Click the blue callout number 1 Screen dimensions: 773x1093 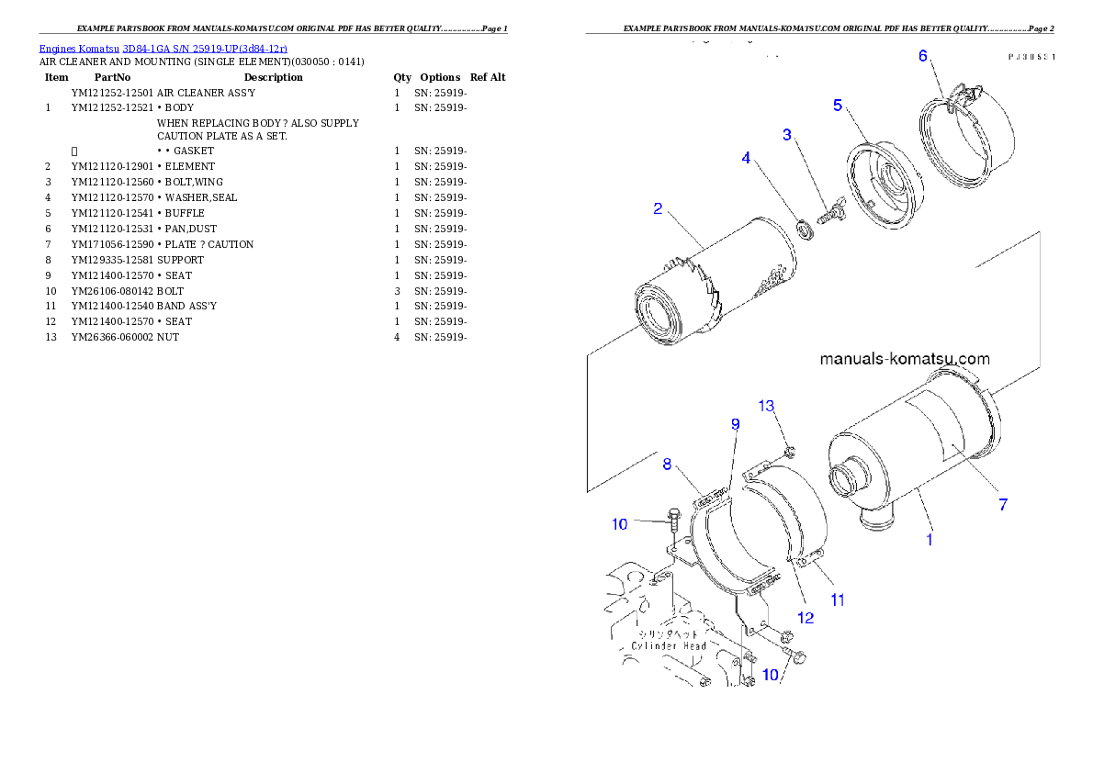(x=929, y=540)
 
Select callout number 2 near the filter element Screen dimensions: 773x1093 (x=658, y=208)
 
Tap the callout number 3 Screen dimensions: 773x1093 (x=787, y=135)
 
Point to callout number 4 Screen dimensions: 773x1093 (x=747, y=158)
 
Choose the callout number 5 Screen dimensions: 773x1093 (x=838, y=105)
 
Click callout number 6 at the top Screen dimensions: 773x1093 (x=923, y=55)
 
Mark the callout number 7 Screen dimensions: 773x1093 (x=1003, y=504)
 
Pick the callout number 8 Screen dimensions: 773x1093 (x=667, y=465)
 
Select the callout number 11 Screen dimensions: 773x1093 (x=838, y=599)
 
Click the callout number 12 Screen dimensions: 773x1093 (x=805, y=618)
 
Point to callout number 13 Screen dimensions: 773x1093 (x=766, y=406)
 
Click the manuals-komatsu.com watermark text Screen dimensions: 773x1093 (x=905, y=359)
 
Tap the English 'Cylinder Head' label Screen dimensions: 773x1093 (x=669, y=646)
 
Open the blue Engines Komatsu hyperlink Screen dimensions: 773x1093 (x=163, y=48)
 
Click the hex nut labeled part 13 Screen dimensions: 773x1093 (x=791, y=450)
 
